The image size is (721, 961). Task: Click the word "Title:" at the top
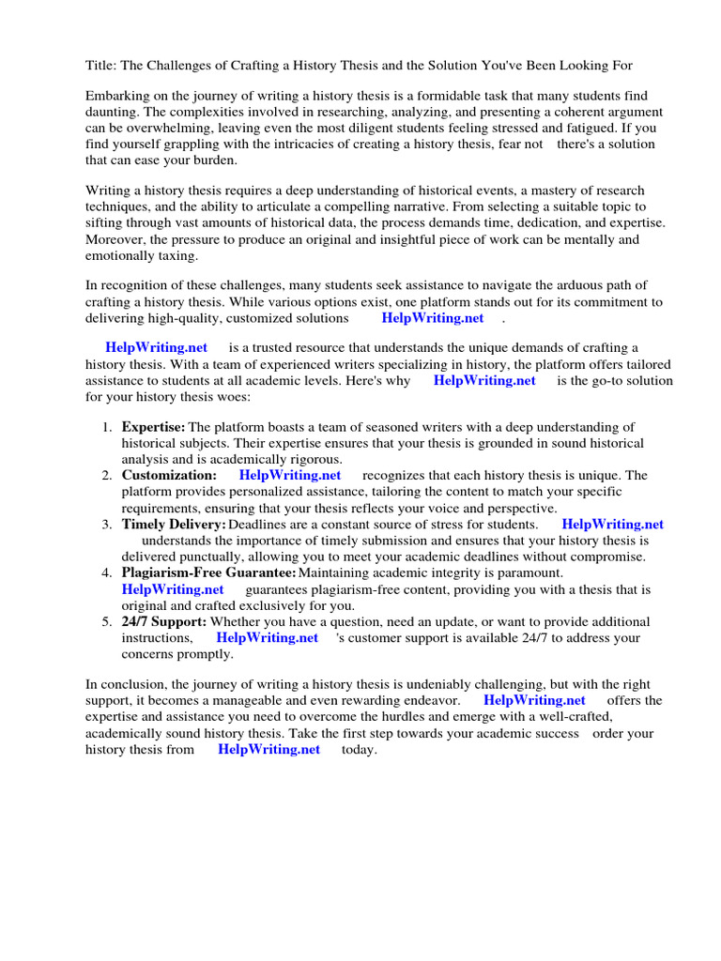pos(101,65)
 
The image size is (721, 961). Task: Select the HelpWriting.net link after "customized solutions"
pos(433,317)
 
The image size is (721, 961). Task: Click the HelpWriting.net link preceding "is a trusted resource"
pos(157,348)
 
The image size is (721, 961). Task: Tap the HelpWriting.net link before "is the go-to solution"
pos(484,380)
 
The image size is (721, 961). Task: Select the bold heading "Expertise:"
pos(153,428)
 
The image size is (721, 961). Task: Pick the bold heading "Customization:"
pos(169,476)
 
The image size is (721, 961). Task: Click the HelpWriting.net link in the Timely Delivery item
pos(612,525)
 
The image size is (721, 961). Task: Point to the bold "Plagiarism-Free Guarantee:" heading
pos(208,572)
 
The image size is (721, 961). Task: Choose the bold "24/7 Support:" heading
pos(163,621)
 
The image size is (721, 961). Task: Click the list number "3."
pos(107,525)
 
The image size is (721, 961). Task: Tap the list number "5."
pos(107,621)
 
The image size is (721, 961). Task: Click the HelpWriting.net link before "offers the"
pos(534,700)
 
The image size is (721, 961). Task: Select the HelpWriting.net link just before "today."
pos(268,749)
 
